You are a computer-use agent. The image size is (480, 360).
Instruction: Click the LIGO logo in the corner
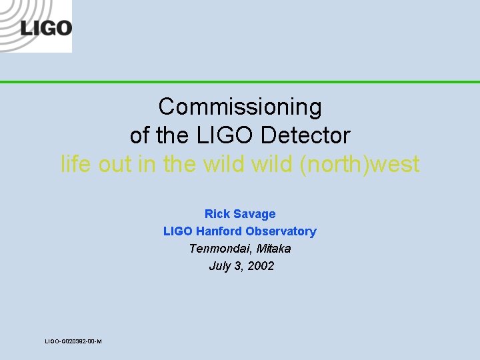[36, 27]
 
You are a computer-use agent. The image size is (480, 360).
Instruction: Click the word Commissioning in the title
[240, 107]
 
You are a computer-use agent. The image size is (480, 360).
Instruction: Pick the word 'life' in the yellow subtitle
[75, 164]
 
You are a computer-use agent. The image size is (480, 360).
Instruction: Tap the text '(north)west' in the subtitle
[359, 164]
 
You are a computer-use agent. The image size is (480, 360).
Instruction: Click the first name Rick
[217, 214]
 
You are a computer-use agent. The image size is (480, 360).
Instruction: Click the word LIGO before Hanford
[177, 231]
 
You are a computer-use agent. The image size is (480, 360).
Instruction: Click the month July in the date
[220, 266]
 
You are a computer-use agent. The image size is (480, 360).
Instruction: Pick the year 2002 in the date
[260, 266]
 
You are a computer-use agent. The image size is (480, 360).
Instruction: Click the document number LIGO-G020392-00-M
[73, 341]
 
